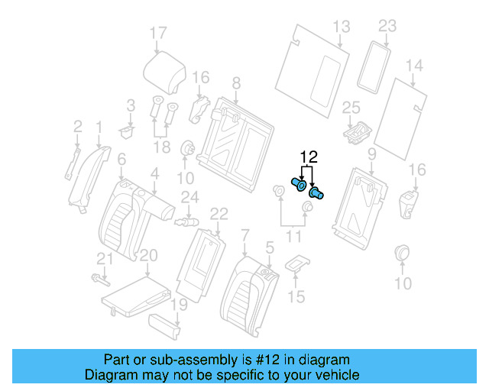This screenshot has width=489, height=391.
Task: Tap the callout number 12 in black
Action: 308,157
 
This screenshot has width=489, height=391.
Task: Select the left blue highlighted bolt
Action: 300,184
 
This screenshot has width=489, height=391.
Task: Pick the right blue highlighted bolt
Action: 316,193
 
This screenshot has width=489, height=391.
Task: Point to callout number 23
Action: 387,27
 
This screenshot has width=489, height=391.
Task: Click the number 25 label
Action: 351,107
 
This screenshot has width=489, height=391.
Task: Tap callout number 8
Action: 236,82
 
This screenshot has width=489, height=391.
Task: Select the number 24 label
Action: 189,198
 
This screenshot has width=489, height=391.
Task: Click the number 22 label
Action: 219,213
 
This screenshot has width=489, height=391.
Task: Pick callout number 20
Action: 148,254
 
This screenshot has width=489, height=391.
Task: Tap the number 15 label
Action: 297,296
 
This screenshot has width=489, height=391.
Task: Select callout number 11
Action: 293,238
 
